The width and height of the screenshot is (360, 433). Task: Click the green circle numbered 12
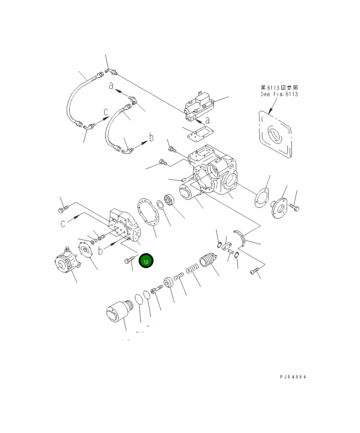146,261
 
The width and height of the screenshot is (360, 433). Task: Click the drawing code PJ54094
293,377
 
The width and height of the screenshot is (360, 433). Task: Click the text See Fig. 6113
279,94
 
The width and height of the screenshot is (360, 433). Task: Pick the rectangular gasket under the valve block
198,134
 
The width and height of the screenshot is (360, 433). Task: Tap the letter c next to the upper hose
105,112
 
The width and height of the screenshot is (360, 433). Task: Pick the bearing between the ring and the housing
169,201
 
